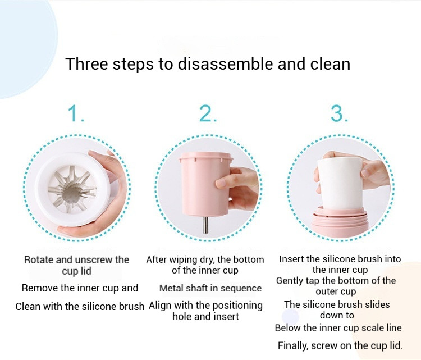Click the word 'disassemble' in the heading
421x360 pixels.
click(226, 64)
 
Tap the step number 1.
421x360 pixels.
click(76, 113)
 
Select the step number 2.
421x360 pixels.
click(208, 113)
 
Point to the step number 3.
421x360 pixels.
click(340, 113)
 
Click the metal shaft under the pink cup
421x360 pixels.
click(205, 225)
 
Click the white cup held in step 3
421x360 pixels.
click(341, 183)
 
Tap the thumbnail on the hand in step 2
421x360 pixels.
click(221, 183)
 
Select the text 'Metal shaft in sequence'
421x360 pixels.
click(210, 288)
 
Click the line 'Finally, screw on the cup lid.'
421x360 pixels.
click(340, 345)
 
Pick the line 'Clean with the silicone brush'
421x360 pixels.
click(80, 306)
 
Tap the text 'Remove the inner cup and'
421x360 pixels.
click(80, 288)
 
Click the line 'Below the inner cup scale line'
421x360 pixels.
click(338, 328)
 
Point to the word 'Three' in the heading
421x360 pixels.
click(86, 64)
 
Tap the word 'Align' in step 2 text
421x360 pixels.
click(161, 306)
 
